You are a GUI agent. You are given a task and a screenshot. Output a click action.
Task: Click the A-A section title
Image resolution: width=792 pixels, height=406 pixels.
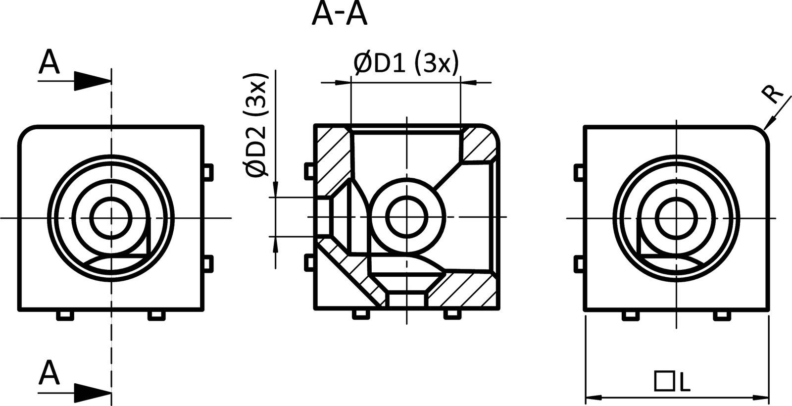(340, 15)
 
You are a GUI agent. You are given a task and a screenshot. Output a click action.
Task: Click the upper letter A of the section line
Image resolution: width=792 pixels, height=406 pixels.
(49, 62)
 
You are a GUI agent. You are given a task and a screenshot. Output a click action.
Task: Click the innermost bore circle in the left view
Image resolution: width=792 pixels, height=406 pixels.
(112, 218)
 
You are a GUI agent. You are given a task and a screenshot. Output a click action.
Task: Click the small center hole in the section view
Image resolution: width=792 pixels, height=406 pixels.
(407, 217)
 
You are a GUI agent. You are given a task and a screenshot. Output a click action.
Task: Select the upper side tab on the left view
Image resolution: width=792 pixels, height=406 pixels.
(208, 171)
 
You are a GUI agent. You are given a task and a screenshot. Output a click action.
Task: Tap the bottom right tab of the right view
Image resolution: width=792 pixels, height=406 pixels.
(721, 315)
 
